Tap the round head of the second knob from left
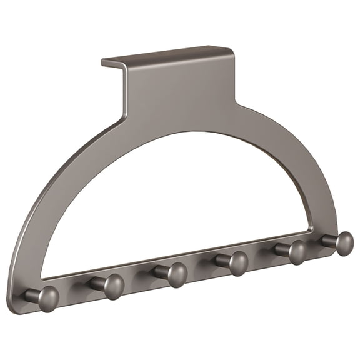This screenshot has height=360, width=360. pyautogui.click(x=113, y=286)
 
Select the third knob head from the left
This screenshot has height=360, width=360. pyautogui.click(x=177, y=274)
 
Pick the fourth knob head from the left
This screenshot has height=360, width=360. pyautogui.click(x=237, y=263)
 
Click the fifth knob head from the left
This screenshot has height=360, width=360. pyautogui.click(x=296, y=252)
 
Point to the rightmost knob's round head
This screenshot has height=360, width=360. pyautogui.click(x=343, y=242)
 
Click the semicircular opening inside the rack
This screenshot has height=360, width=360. pyautogui.click(x=181, y=200)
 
